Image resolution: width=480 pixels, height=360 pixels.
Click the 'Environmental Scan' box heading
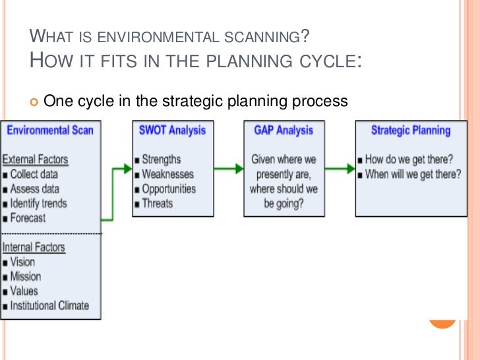tap(50, 130)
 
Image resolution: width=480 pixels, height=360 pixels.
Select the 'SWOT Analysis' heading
tap(173, 130)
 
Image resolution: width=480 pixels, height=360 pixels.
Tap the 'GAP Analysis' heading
tap(283, 130)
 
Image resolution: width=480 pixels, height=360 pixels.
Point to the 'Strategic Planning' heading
tap(410, 130)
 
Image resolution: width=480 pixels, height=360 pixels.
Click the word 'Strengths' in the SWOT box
tap(162, 160)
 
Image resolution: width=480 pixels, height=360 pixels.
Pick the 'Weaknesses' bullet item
tap(168, 174)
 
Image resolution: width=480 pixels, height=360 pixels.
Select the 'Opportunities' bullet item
tap(169, 189)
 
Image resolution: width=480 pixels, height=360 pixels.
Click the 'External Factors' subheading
tap(36, 160)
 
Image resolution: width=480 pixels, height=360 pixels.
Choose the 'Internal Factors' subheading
tap(34, 247)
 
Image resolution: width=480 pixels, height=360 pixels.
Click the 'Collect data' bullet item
tap(34, 174)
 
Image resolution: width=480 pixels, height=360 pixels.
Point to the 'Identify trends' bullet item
tap(38, 203)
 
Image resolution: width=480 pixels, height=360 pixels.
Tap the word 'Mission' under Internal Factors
tap(26, 276)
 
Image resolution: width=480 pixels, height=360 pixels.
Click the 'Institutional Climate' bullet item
tap(49, 305)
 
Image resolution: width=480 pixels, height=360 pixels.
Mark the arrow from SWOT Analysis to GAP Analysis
tap(229, 167)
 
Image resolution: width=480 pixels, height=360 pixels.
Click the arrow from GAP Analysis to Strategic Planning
tap(340, 167)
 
